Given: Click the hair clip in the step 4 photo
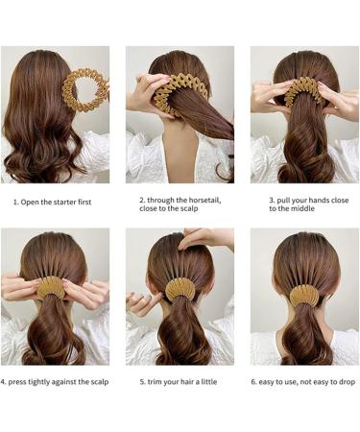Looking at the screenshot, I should (53, 288).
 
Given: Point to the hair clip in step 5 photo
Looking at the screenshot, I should (180, 288).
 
